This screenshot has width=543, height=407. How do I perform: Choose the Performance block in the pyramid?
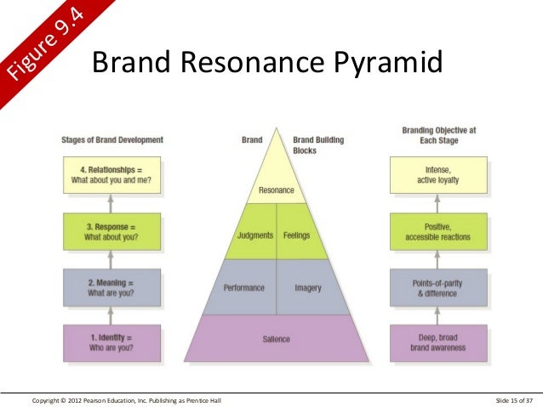tap(243, 288)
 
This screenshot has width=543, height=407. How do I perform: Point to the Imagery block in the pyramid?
tap(307, 288)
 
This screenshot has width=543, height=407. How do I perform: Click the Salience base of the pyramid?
tap(276, 339)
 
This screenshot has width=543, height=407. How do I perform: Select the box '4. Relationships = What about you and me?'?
tap(111, 174)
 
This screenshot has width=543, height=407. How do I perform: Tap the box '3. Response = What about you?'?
tap(111, 230)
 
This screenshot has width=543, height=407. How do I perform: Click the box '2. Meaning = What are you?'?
tap(111, 287)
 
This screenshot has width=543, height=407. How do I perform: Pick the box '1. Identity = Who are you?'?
tap(111, 342)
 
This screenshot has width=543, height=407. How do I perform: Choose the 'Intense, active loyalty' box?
tap(438, 174)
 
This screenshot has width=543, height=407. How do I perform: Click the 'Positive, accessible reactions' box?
tap(438, 230)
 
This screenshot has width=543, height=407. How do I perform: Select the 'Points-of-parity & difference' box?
tap(438, 287)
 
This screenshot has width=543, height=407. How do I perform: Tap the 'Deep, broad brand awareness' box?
tap(438, 342)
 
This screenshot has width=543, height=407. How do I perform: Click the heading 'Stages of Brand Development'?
tap(112, 139)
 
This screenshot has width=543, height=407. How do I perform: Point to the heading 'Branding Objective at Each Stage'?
tap(438, 135)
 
